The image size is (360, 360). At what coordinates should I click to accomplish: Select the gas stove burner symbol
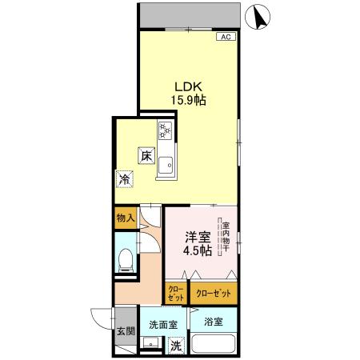[166, 129]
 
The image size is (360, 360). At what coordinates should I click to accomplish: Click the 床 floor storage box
[148, 157]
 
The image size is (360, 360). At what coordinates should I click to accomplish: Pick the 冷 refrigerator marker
[125, 180]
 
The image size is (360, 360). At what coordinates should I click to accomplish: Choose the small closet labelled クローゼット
[175, 292]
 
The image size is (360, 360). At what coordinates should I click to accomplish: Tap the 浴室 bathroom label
[213, 322]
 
